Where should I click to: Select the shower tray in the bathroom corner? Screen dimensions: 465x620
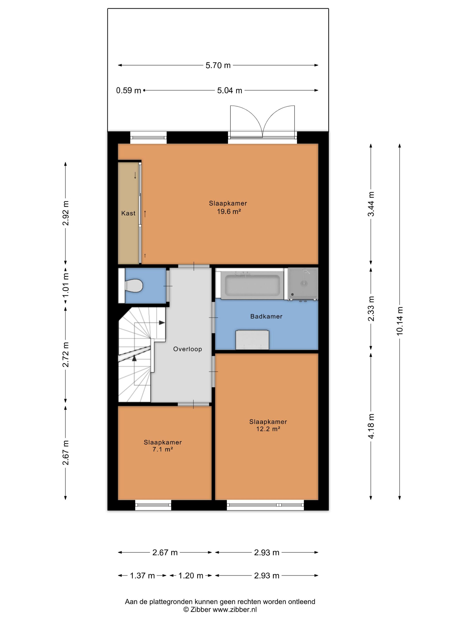[303, 284]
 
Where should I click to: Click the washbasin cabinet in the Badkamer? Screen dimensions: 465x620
[252, 340]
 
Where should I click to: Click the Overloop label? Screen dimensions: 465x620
[188, 349]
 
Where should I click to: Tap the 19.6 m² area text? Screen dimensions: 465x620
[229, 212]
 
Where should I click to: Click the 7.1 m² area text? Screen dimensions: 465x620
[163, 449]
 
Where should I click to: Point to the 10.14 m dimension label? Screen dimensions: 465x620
[399, 321]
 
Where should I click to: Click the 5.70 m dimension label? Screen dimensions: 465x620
[218, 65]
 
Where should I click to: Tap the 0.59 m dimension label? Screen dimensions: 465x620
[129, 91]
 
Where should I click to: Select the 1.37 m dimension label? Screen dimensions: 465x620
[142, 576]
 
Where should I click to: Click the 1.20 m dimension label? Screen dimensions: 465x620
[191, 576]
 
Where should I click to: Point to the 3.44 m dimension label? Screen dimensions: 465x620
[371, 204]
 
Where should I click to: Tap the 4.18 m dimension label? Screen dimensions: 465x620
[371, 426]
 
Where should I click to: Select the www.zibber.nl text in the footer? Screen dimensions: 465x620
[235, 609]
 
